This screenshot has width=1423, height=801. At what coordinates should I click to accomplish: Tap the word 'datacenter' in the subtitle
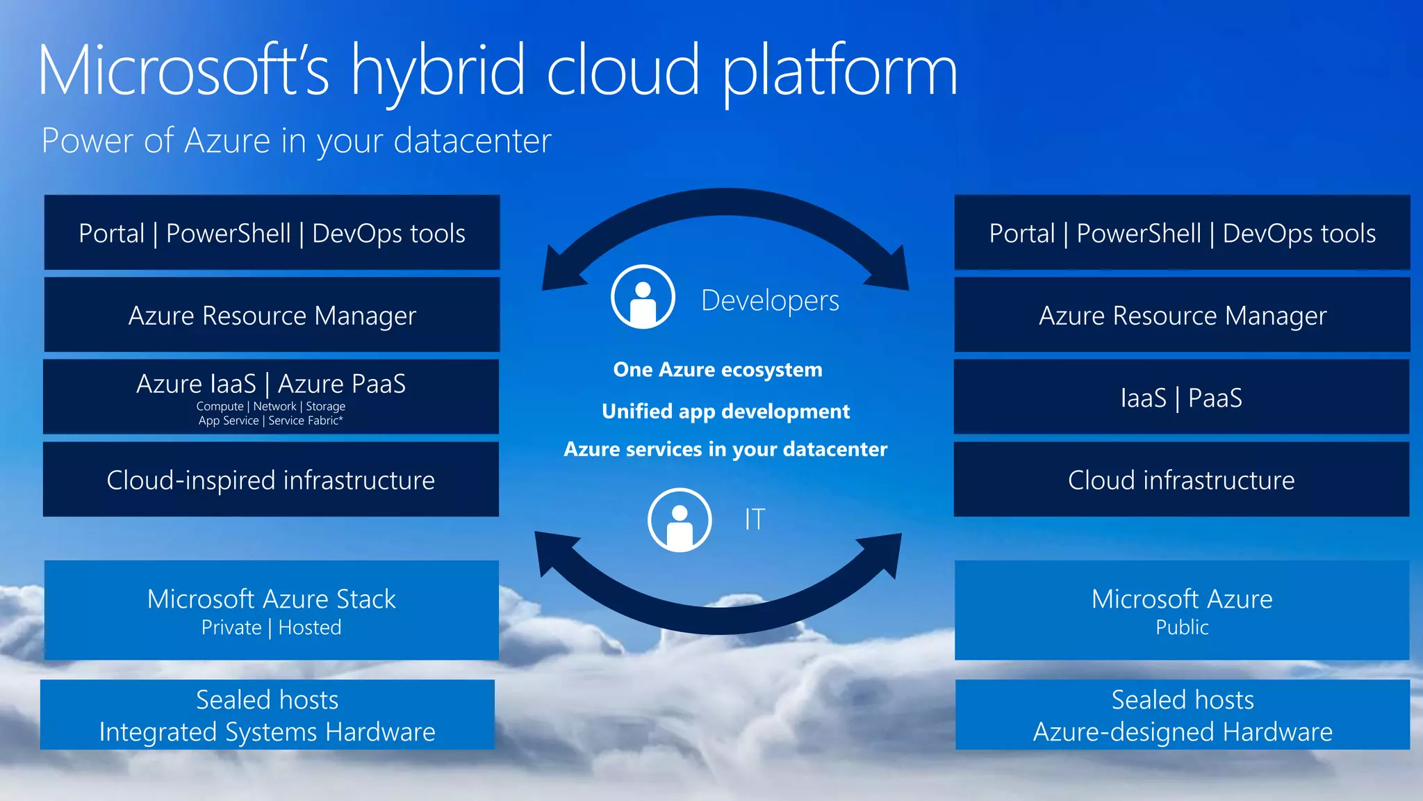472,141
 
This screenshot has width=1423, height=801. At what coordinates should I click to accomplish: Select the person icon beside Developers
643,297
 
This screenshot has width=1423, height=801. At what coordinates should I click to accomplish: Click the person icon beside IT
680,520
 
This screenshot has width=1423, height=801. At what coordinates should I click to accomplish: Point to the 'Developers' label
770,301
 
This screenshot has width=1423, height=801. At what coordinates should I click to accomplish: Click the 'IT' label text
755,519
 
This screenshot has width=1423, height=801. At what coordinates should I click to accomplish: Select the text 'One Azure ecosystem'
718,369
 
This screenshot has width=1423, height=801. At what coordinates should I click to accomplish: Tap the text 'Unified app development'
725,411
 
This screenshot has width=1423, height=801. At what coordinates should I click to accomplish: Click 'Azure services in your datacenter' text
725,449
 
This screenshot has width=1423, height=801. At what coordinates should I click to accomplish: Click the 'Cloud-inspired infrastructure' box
271,480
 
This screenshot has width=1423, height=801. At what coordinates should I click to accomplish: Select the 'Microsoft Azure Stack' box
271,609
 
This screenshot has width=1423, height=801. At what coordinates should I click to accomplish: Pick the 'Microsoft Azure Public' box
1182,609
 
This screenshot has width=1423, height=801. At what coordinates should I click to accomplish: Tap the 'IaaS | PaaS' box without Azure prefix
1181,398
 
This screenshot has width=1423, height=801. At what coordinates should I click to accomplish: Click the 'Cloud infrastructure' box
1181,480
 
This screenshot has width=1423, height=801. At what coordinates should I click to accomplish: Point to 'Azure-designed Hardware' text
1183,732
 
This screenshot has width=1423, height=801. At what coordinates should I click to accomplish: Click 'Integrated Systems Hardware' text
268,732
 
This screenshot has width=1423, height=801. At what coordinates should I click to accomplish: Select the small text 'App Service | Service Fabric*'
270,421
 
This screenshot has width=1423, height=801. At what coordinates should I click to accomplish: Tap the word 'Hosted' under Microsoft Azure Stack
310,628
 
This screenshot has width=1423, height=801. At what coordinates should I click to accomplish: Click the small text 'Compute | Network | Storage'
270,406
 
